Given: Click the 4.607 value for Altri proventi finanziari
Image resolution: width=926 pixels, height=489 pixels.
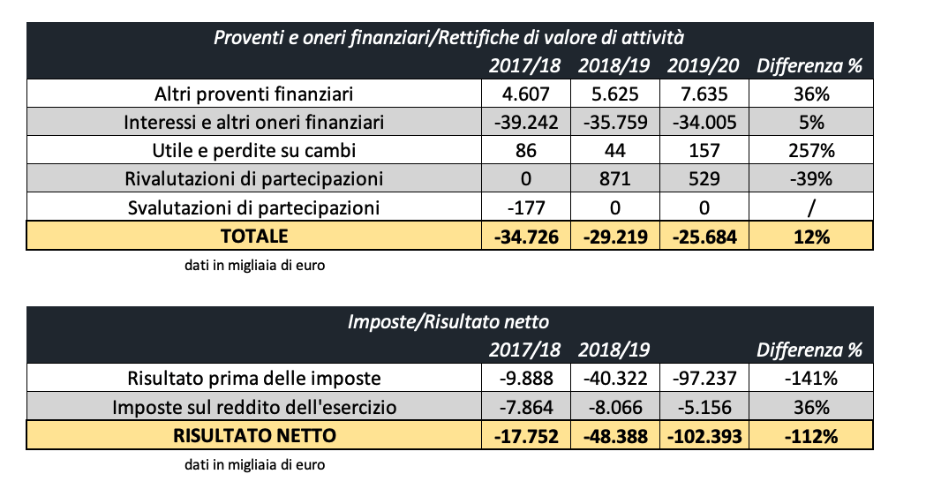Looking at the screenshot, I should (x=525, y=94).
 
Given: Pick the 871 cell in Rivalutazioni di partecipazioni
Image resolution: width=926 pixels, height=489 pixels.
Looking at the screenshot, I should (x=615, y=179).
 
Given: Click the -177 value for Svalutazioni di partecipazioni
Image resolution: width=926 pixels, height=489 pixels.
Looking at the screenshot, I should (x=525, y=208).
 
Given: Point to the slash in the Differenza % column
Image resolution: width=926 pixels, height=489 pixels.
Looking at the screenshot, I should (x=809, y=208).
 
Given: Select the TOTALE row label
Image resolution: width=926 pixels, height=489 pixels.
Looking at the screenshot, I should (x=254, y=237).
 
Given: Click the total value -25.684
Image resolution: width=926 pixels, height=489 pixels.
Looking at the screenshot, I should (x=705, y=237).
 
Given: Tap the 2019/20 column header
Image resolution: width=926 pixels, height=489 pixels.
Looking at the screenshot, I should (x=705, y=66).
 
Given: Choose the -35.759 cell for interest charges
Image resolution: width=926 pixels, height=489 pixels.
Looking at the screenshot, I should (x=615, y=122).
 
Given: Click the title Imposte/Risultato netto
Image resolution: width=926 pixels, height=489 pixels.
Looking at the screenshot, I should (x=450, y=322).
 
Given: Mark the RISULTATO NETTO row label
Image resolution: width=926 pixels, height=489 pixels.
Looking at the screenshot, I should (x=254, y=435).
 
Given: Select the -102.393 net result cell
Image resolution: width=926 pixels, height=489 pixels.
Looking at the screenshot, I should (x=705, y=435).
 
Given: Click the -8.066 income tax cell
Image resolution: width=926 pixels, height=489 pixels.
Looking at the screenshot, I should (x=615, y=407).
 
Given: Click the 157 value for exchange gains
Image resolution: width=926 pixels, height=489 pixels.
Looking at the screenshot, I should (x=705, y=151).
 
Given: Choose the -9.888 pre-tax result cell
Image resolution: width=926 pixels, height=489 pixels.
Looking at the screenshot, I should (x=525, y=379).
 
